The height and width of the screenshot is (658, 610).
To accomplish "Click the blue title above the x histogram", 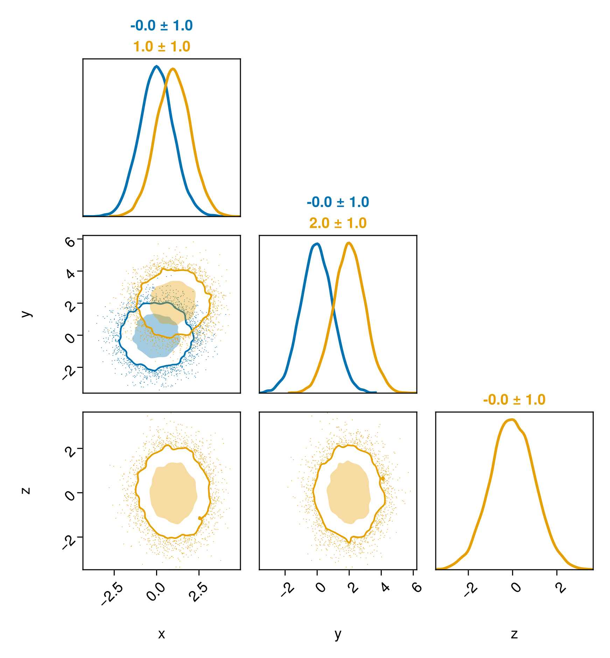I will point(161,26).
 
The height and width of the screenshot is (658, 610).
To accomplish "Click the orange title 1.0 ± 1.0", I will point(161,47).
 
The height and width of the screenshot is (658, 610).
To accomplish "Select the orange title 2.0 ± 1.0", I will point(338,223).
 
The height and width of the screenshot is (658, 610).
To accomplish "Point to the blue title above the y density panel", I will point(338,202).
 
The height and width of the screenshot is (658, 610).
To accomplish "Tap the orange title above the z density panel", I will point(514,400).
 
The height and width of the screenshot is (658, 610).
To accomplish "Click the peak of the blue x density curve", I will point(156,66).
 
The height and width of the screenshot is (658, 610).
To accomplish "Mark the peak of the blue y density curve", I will point(317,244).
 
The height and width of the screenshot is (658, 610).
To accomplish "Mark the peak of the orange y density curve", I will point(349,243).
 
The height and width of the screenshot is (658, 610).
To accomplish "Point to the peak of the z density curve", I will point(512,419).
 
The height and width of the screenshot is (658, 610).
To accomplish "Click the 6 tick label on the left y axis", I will point(70,241).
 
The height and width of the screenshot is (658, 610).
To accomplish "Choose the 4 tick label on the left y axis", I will point(70,273).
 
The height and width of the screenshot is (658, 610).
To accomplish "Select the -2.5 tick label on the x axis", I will point(112,594).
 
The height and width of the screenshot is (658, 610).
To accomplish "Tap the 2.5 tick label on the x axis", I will point(200,592).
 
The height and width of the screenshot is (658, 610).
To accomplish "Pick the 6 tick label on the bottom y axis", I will point(416,587).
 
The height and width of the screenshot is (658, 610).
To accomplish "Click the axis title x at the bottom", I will point(161,634).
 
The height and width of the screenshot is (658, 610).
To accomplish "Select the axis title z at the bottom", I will point(514,634).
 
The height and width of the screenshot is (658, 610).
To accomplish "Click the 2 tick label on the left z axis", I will point(70,451).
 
